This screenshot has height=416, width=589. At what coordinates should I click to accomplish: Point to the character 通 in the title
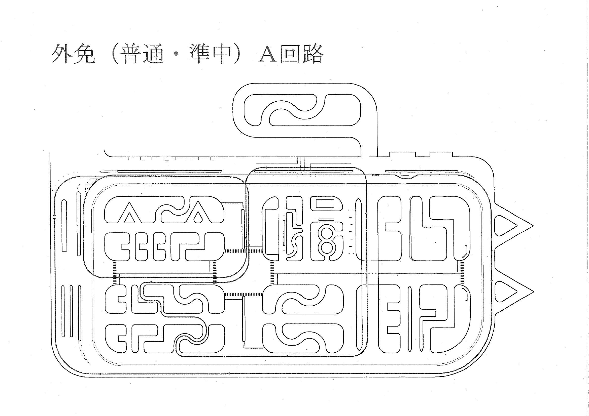[x=153, y=55]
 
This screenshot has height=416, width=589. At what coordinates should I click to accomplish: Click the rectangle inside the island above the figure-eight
[x=324, y=203]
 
